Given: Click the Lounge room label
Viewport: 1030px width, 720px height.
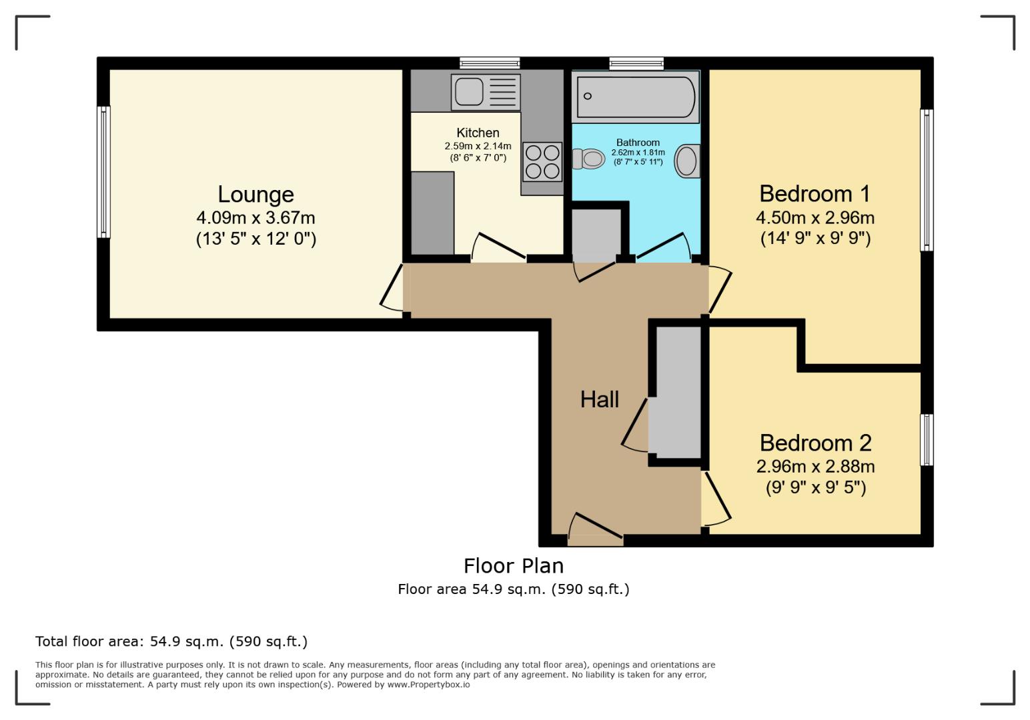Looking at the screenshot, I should [x=255, y=194].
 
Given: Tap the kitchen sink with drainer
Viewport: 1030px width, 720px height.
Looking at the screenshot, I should [x=485, y=91].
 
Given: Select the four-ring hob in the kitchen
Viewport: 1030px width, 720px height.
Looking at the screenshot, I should [x=542, y=161].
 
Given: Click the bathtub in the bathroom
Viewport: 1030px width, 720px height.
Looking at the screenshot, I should [x=636, y=97].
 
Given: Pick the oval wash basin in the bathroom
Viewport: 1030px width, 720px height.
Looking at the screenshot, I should [x=686, y=161].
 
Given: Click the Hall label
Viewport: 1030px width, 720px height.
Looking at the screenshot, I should [x=599, y=399].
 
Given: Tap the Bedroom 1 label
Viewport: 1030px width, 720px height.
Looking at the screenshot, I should [x=815, y=193].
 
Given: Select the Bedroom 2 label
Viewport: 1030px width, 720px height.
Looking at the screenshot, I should [x=815, y=443].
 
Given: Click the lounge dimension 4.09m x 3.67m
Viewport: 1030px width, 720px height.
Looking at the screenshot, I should [x=255, y=217].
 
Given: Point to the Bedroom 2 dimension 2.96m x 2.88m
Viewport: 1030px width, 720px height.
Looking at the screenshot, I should [x=815, y=466].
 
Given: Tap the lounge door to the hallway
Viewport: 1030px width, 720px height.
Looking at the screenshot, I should [x=392, y=288].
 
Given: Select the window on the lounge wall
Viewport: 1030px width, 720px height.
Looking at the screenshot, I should [x=104, y=172].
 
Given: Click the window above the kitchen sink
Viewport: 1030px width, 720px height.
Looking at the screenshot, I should [x=490, y=63].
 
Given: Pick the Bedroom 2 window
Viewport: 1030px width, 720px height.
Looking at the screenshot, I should [x=926, y=439].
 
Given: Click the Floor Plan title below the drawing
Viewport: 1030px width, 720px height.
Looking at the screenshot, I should [x=514, y=565].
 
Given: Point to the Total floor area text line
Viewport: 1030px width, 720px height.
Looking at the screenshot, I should [x=171, y=641].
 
